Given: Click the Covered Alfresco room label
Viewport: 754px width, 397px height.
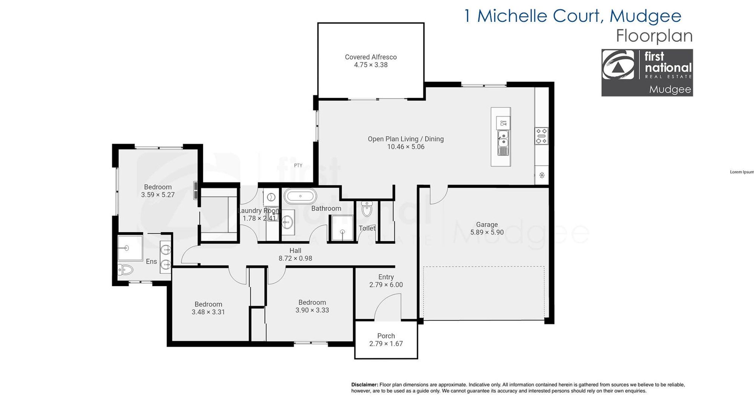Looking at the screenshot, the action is pos(371,57).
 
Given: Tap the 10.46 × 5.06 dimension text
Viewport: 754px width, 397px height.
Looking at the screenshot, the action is pos(406,147).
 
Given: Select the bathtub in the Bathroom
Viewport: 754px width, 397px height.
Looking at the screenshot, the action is pos(300,196).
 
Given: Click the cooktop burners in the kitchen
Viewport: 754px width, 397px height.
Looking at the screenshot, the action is pos(541,136).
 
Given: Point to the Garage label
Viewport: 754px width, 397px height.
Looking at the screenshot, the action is pos(487,225).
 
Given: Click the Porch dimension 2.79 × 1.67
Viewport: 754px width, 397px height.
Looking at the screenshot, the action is pos(386,344).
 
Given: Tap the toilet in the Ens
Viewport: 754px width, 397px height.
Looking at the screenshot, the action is pos(126,270).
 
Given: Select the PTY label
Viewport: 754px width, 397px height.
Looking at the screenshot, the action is pos(298,165).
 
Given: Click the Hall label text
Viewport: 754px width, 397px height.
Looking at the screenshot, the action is pos(295,250).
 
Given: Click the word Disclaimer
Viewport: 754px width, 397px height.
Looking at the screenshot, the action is pos(365,385).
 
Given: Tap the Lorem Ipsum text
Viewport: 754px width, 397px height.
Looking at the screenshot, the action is pos(742,172).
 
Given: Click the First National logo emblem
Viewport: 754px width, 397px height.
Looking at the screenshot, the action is pos(618,64).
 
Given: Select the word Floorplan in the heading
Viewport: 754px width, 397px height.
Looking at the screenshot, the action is pos(654,36).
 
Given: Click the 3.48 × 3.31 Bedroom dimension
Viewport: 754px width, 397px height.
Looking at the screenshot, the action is pos(208,312).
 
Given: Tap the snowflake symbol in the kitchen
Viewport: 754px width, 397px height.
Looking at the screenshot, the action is pos(542,175).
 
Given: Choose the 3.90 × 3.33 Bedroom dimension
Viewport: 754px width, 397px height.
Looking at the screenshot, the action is pos(312,310).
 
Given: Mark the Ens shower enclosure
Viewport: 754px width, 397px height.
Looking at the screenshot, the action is pos(130,248).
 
